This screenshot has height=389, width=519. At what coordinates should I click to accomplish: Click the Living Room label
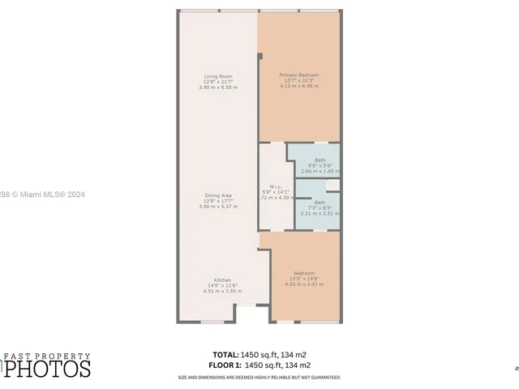point(217,76)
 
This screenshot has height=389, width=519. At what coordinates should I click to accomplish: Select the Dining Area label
point(218,195)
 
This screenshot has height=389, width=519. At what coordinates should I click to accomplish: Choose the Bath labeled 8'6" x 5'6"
point(320,160)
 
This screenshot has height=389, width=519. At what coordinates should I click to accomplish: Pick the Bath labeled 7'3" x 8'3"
point(320,203)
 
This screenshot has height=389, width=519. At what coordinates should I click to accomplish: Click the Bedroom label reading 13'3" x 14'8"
point(304,273)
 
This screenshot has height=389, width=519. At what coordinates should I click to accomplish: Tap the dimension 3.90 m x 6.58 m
point(218,87)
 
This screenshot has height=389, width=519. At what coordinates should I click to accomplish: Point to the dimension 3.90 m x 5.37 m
point(218,207)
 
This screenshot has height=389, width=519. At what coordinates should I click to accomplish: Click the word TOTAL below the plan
point(225,355)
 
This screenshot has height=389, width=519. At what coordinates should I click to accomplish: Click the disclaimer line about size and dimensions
point(259,378)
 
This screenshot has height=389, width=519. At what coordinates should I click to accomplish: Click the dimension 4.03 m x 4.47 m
point(304,284)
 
